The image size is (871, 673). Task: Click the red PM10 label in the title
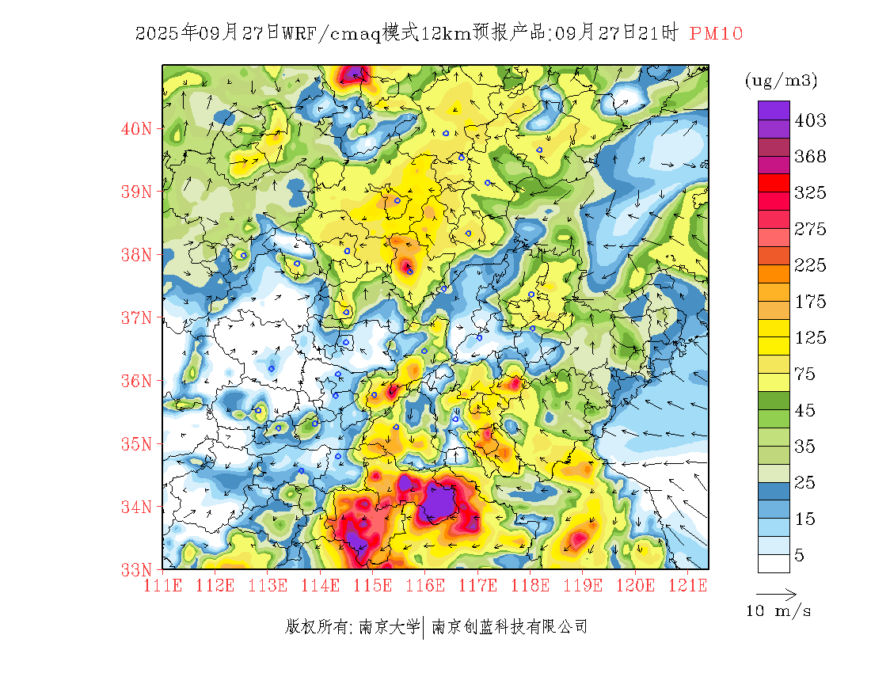click(716, 33)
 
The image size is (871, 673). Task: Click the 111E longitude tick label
click(164, 586)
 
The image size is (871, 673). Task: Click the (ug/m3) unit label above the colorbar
click(781, 81)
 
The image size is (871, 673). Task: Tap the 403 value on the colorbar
click(810, 120)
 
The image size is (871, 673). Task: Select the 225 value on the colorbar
click(810, 265)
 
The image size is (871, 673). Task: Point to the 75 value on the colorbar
click(805, 375)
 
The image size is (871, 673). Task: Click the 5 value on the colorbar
click(800, 556)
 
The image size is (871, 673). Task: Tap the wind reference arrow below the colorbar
click(776, 594)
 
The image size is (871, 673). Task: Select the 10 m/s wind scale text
click(779, 611)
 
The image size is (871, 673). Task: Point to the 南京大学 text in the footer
click(389, 627)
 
